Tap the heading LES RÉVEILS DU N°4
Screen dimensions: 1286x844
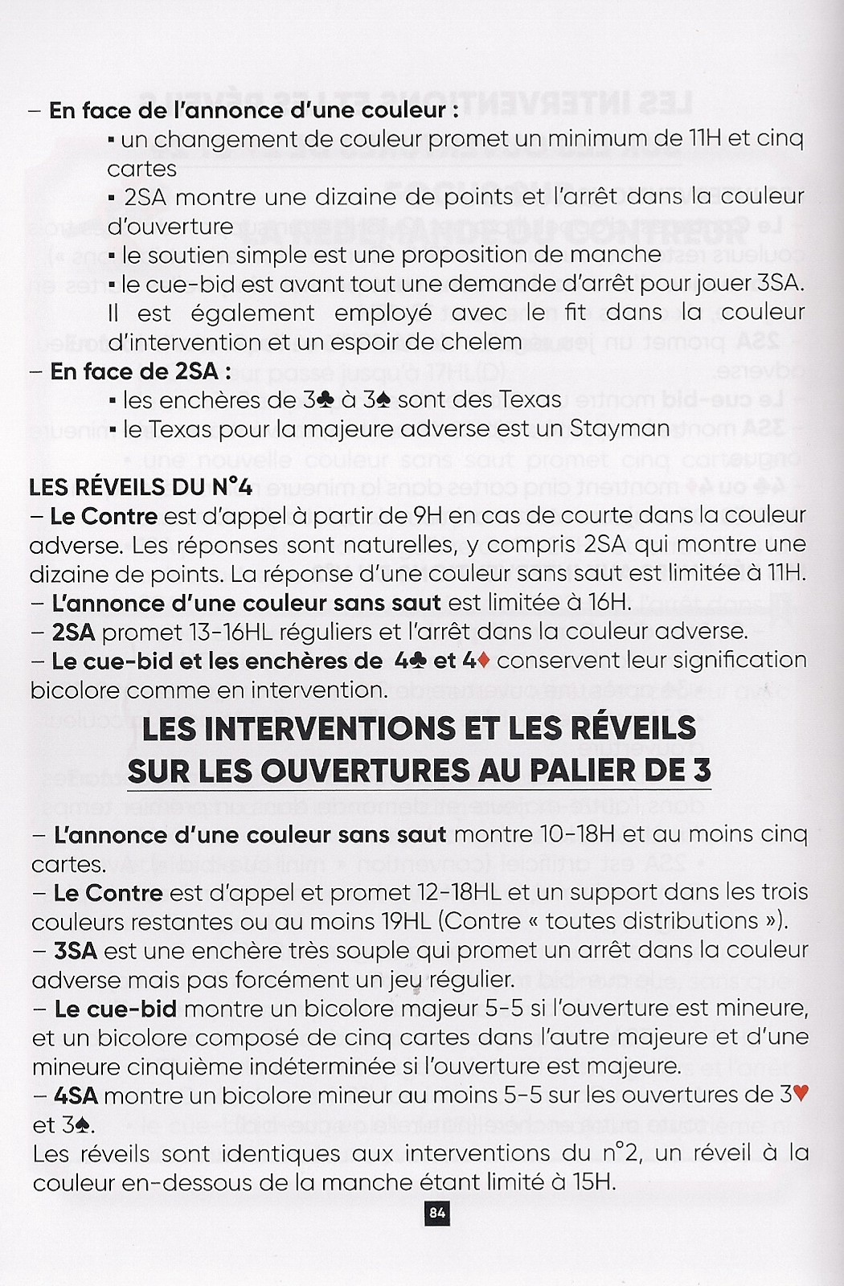coord(141,486)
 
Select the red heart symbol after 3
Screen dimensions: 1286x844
coord(800,1094)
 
